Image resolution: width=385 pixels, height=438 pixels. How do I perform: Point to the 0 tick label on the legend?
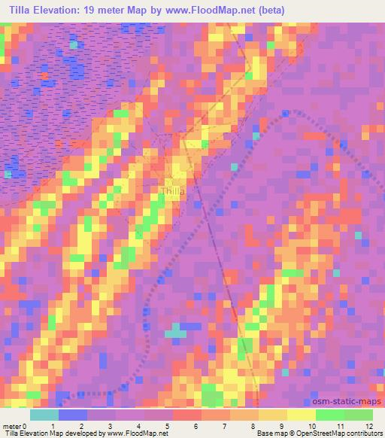pyautogui.click(x=30, y=426)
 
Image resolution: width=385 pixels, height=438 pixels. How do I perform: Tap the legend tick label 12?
pyautogui.click(x=368, y=426)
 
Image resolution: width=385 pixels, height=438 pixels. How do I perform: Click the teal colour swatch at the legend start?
pyautogui.click(x=44, y=415)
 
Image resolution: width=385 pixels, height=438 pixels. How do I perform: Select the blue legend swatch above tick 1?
pyautogui.click(x=73, y=415)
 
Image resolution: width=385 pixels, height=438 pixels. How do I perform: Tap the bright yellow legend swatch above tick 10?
pyautogui.click(x=301, y=415)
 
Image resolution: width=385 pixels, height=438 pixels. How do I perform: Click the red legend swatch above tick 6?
pyautogui.click(x=187, y=415)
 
